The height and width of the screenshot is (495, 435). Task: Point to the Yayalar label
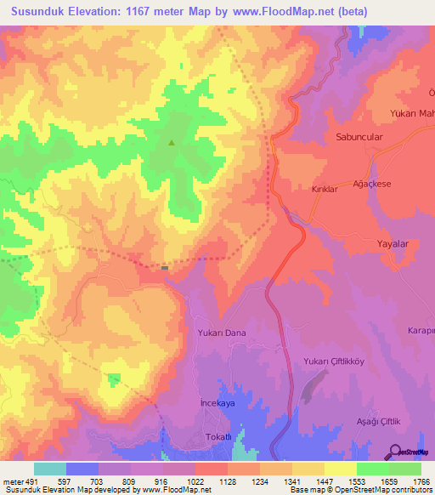click(x=393, y=243)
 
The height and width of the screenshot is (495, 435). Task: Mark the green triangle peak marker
click(x=172, y=143)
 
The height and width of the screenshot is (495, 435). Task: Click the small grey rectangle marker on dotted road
click(x=165, y=267)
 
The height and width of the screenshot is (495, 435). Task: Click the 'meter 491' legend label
click(x=20, y=481)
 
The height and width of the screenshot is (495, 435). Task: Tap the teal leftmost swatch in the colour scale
click(x=49, y=469)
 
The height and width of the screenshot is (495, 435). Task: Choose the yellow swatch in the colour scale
click(x=340, y=469)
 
